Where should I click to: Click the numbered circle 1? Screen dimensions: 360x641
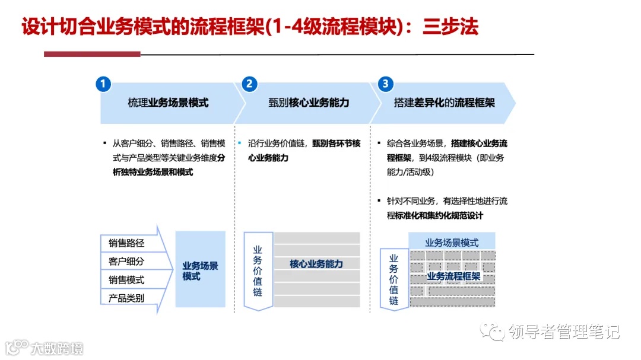click(x=103, y=84)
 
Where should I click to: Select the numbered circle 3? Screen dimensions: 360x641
click(x=386, y=84)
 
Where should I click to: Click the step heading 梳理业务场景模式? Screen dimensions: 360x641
click(x=168, y=103)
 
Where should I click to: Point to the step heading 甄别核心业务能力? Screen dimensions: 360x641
click(x=309, y=103)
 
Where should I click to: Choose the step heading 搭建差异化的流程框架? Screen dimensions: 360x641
click(x=444, y=103)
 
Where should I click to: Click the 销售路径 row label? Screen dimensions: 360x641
click(x=126, y=243)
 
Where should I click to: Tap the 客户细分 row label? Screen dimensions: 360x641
click(x=126, y=261)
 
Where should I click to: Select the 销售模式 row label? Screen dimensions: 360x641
click(x=126, y=279)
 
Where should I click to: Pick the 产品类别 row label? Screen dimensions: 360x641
click(x=126, y=298)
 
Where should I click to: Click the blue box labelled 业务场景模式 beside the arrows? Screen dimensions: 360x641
click(x=200, y=270)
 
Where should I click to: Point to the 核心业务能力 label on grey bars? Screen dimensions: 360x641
click(x=316, y=264)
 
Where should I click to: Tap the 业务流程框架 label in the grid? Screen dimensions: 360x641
click(x=453, y=276)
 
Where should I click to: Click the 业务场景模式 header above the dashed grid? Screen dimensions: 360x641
click(x=452, y=242)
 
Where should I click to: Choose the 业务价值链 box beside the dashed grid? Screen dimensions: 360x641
click(x=394, y=279)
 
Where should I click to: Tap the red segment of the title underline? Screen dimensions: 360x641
click(x=92, y=54)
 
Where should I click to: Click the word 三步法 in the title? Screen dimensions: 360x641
click(x=450, y=27)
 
